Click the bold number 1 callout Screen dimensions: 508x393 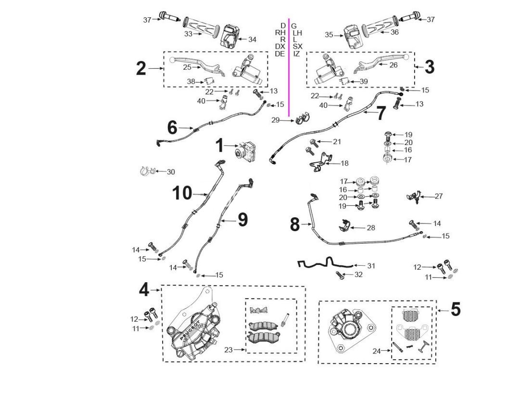[x=220, y=145]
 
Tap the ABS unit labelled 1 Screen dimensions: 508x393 [x=247, y=151]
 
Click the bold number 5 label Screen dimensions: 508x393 [x=456, y=309]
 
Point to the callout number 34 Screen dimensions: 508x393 [x=252, y=39]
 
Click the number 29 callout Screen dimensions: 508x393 [x=275, y=120]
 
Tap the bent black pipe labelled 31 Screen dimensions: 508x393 [x=324, y=262]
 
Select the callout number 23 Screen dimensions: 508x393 [x=229, y=350]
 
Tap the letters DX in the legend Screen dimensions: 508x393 [x=280, y=46]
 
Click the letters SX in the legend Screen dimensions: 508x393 [x=297, y=46]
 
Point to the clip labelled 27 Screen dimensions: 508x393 [x=414, y=197]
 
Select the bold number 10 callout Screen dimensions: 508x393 [x=182, y=193]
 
